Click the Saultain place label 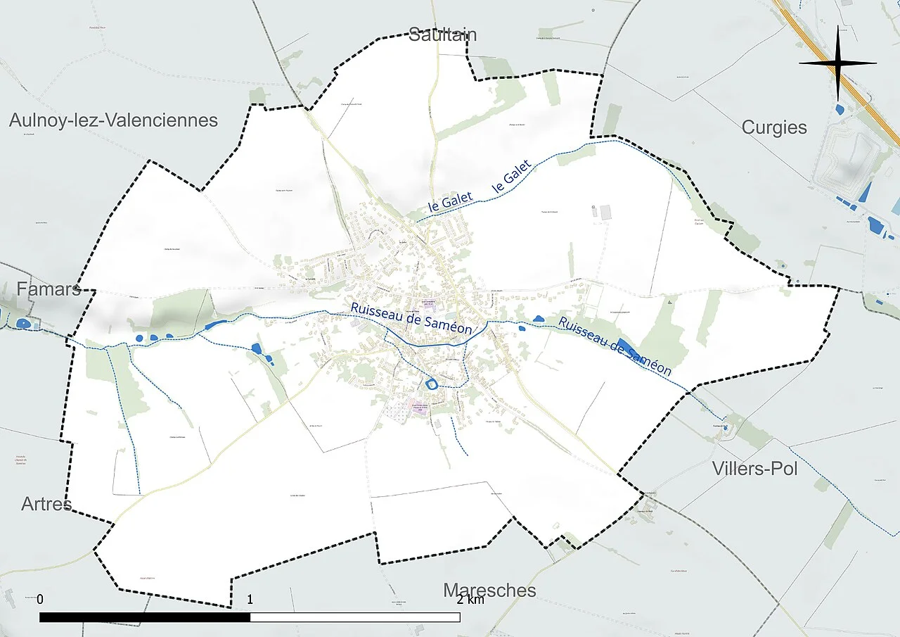443,34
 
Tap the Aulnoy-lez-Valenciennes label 113,120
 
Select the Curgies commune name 774,127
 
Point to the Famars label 49,289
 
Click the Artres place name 46,504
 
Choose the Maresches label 489,590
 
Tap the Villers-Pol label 754,468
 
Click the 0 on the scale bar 40,600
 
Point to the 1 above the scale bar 250,600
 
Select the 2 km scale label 470,600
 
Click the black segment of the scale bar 145,617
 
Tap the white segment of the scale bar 355,617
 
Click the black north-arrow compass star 838,63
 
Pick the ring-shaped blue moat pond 430,384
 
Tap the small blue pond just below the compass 841,109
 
